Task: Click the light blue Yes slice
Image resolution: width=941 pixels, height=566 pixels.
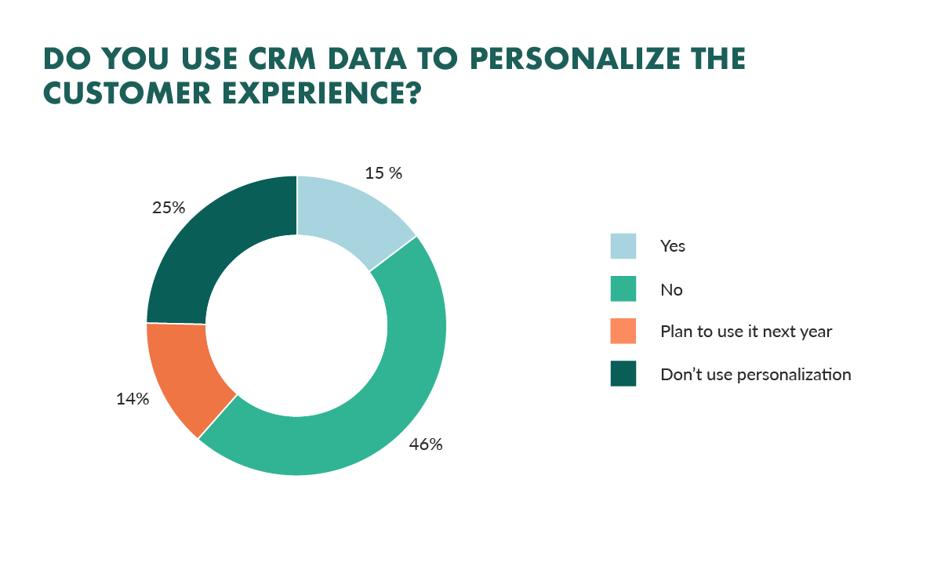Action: click(x=349, y=216)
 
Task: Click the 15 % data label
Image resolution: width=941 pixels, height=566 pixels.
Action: click(x=383, y=173)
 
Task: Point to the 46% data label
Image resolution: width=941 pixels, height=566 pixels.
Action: click(x=426, y=444)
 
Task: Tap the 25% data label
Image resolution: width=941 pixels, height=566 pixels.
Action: click(x=168, y=208)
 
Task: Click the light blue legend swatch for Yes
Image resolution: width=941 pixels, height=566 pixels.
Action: click(x=624, y=246)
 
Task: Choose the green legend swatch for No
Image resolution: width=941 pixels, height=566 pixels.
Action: click(x=624, y=289)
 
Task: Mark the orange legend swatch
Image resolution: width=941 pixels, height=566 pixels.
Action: click(x=624, y=332)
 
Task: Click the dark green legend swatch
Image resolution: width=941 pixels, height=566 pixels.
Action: click(x=624, y=374)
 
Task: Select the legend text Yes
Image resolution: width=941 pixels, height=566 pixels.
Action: click(x=673, y=246)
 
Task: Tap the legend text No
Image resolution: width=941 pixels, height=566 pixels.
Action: click(x=671, y=289)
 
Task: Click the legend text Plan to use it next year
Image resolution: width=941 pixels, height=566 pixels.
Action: click(x=746, y=332)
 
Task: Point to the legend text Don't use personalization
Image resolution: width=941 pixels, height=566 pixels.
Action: click(x=756, y=374)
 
